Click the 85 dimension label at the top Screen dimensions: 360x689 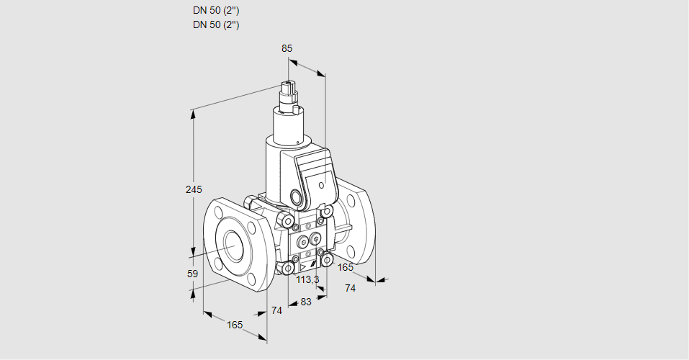[x=287, y=48]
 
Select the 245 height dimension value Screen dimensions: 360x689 [x=193, y=189]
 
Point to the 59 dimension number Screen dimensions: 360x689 [x=192, y=274]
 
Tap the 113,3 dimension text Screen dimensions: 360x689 [x=307, y=279]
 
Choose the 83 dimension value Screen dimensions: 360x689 [x=306, y=302]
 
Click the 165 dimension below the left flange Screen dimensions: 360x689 [x=235, y=325]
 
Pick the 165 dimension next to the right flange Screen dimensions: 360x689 [x=346, y=268]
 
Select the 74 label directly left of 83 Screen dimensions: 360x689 [x=276, y=310]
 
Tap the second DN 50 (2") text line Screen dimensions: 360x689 [x=216, y=24]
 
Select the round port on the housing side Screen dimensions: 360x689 [x=297, y=197]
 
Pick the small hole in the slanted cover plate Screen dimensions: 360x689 [x=320, y=184]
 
